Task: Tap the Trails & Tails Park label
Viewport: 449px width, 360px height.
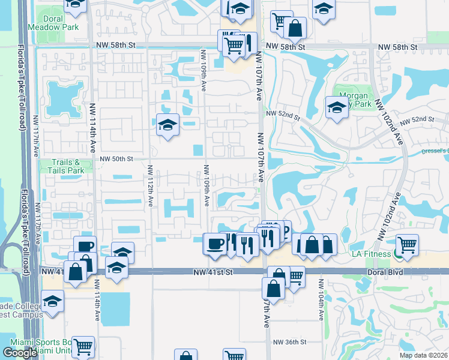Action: pos(64,166)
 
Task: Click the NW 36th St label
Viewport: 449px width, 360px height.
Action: pos(289,342)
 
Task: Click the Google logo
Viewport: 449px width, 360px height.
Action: pos(20,353)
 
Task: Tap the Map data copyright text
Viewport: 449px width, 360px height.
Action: pos(424,355)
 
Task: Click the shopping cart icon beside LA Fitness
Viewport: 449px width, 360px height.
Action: pos(407,245)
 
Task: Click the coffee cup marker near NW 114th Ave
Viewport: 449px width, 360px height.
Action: pos(85,247)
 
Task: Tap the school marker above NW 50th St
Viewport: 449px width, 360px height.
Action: pos(167,125)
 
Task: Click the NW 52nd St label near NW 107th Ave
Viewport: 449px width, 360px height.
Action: pos(282,113)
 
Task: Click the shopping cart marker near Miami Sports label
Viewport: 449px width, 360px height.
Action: pos(83,347)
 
